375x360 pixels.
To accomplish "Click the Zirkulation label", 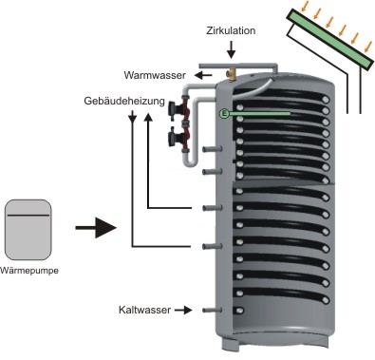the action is pos(231,30).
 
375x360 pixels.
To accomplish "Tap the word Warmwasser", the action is pos(155,75).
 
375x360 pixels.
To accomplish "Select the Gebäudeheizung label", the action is pos(124,101).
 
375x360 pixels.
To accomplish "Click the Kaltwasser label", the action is pos(144,310).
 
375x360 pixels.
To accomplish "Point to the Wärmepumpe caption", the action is pos(29,271).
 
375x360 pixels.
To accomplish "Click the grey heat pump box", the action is pos(28,230).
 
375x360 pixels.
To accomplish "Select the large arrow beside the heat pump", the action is pos(96,228).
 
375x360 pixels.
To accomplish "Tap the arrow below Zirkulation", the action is pos(232,49).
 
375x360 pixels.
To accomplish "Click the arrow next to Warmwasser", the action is pos(203,75).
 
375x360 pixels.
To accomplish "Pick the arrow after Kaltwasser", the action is pos(183,310).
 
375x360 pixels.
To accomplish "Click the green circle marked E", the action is pos(224,113).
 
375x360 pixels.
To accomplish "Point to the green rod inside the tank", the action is pos(259,113).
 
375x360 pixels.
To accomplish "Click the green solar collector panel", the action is pos(330,39).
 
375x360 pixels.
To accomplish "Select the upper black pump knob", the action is pos(174,108).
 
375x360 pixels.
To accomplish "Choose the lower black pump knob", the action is pos(175,138).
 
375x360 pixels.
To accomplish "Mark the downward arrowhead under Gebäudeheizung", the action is pos(132,118).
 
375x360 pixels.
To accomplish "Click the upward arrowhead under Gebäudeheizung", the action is pos(148,117).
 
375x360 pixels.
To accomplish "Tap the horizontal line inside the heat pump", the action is pos(28,216).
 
